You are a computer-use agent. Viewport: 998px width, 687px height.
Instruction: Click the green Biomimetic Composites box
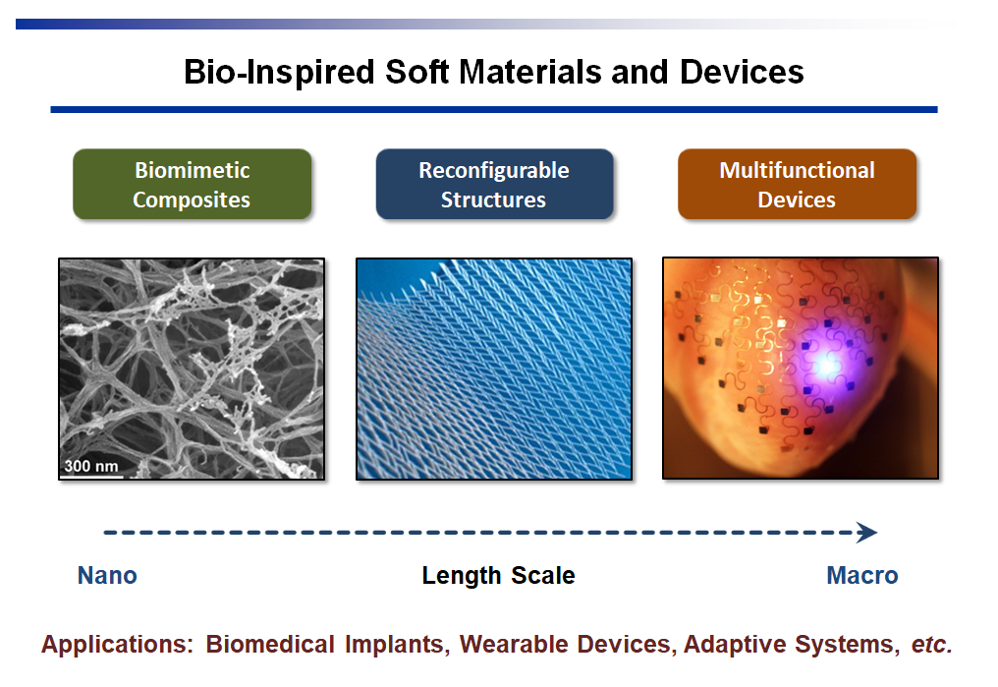193,184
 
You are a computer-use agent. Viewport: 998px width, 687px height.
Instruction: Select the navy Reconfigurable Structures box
494,184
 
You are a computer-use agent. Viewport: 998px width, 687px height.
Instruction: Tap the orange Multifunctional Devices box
797,184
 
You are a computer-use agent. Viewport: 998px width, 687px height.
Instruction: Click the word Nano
107,576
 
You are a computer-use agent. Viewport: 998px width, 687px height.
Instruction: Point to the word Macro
862,576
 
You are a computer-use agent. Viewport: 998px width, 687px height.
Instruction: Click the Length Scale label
498,576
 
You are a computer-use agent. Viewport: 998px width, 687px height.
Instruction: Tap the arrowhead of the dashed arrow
867,533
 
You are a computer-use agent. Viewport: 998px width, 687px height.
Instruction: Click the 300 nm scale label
91,466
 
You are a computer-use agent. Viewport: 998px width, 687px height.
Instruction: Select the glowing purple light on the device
826,365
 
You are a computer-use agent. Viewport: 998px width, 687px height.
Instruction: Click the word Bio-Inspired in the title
279,72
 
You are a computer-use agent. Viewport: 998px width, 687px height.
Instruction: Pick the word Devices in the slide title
742,72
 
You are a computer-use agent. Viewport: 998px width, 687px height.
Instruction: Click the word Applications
117,645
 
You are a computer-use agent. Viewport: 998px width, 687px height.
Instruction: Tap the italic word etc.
932,645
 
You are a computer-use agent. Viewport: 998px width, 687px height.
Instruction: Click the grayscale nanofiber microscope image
192,369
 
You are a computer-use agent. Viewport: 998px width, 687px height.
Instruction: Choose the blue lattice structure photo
494,369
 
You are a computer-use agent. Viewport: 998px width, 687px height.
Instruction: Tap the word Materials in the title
530,72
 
